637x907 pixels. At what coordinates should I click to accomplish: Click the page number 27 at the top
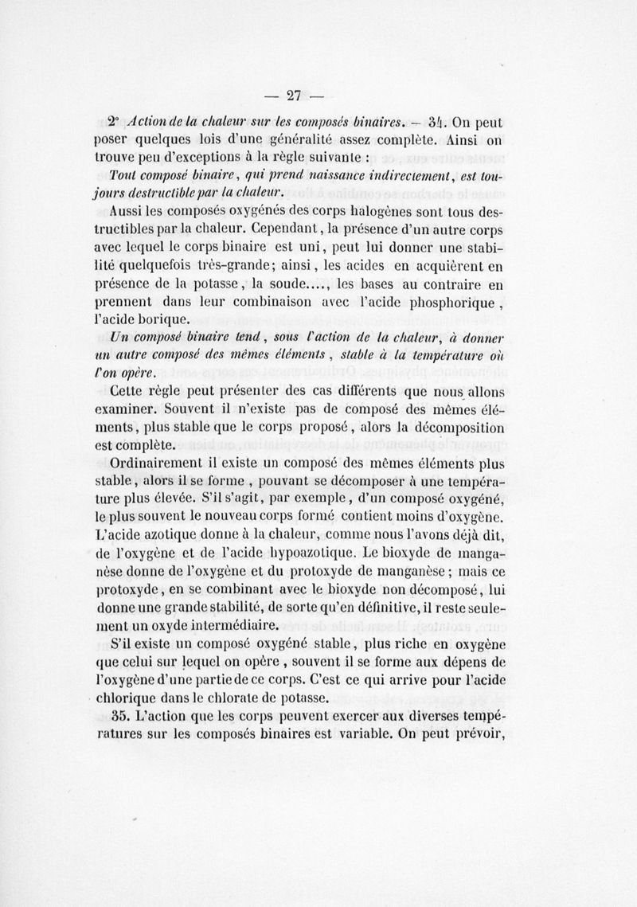[292, 96]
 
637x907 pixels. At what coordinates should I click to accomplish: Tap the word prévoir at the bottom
[478, 733]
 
